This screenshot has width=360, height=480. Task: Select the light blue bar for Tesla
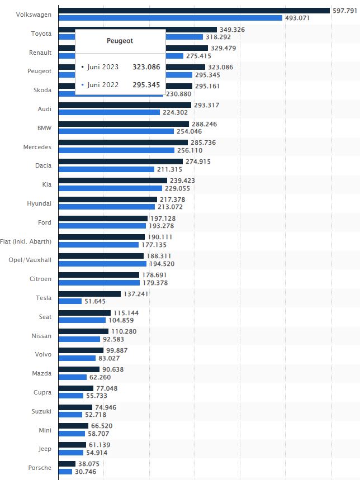[x=70, y=301]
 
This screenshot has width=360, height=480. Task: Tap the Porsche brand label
[x=40, y=468]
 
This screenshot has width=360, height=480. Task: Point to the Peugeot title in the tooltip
[x=120, y=41]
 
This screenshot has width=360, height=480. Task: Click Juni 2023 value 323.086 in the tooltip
[x=146, y=67]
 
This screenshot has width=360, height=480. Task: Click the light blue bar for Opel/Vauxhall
[x=102, y=263]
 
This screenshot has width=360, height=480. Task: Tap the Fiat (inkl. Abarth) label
[x=26, y=241]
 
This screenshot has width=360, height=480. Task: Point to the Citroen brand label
[x=41, y=279]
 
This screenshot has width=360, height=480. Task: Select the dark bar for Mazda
[x=79, y=369]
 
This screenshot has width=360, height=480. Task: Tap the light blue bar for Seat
[x=82, y=320]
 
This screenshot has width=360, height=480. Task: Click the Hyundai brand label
[x=39, y=203]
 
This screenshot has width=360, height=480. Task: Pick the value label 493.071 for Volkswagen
[x=297, y=18]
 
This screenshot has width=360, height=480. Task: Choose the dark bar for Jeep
[x=72, y=445]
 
